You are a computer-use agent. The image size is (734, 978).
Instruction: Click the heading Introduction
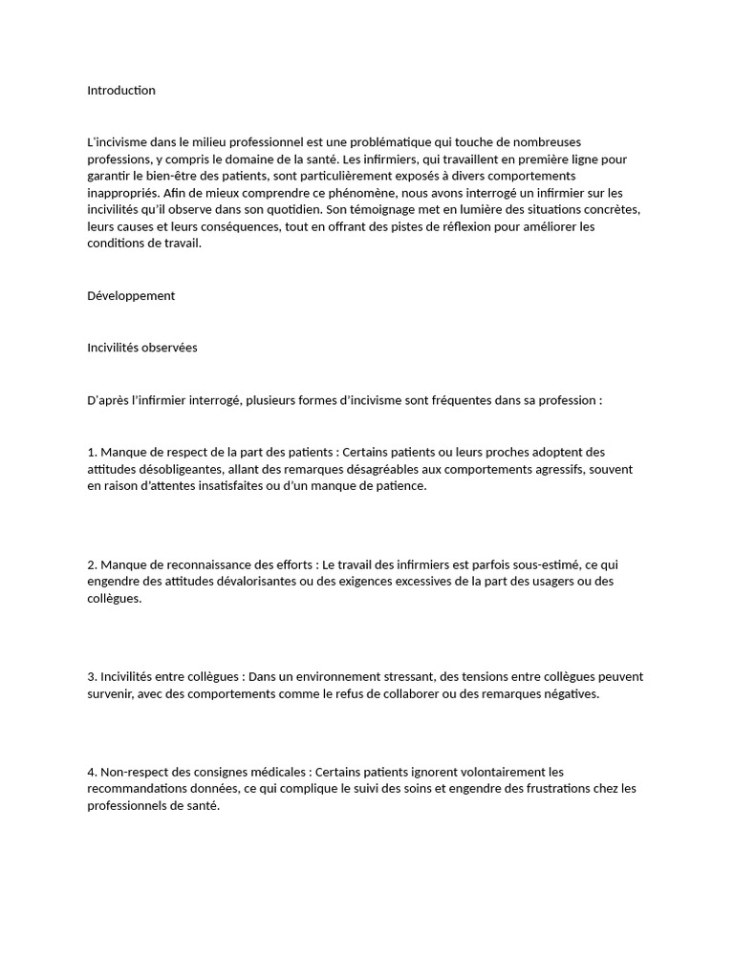[121, 91]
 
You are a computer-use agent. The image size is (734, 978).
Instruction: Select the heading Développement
[131, 296]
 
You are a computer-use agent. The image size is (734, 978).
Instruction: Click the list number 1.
[92, 452]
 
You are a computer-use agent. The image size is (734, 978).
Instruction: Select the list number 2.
[92, 564]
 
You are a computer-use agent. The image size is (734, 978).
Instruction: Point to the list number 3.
[92, 677]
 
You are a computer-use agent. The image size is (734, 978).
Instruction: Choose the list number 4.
[92, 772]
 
